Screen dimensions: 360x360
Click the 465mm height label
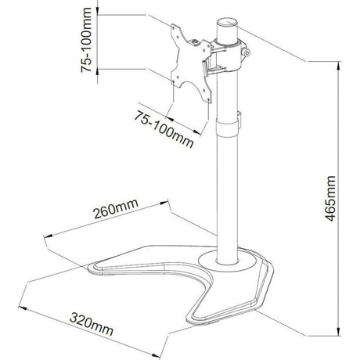click(x=331, y=198)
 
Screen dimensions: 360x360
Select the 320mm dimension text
click(x=92, y=324)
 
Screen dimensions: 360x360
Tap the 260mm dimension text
click(x=116, y=209)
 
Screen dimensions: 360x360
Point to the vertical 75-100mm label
click(x=86, y=40)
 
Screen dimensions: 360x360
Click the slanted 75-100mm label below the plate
click(x=164, y=129)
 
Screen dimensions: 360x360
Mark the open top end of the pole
click(x=227, y=22)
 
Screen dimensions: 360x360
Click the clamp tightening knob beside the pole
click(x=246, y=53)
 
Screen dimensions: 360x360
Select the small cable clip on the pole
click(x=239, y=121)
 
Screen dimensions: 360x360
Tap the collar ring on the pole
click(x=227, y=128)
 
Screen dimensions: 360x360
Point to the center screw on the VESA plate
click(x=195, y=41)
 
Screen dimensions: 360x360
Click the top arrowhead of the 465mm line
click(x=338, y=67)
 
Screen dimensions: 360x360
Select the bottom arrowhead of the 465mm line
click(x=338, y=331)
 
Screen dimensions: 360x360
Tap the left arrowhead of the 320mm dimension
click(x=23, y=308)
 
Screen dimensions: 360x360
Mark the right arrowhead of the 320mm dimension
click(x=156, y=355)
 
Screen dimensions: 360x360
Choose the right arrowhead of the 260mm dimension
click(x=164, y=203)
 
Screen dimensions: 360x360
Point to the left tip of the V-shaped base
click(x=89, y=268)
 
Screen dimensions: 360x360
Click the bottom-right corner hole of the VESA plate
click(x=209, y=99)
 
